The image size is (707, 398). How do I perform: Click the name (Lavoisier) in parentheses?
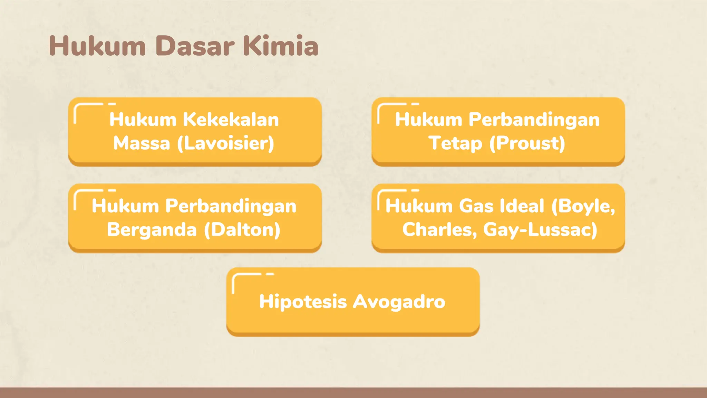(x=226, y=143)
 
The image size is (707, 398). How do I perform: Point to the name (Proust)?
(x=527, y=143)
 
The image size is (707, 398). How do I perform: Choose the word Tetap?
(x=455, y=143)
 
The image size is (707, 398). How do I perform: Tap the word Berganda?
(x=152, y=230)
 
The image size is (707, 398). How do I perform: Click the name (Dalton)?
(x=242, y=230)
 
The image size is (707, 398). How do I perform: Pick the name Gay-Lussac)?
(x=540, y=230)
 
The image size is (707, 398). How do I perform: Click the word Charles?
(x=439, y=230)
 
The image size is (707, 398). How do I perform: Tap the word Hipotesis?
(x=303, y=302)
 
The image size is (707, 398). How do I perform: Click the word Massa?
(x=142, y=143)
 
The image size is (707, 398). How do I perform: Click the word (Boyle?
(x=583, y=206)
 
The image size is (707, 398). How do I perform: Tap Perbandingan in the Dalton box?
(x=231, y=206)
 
